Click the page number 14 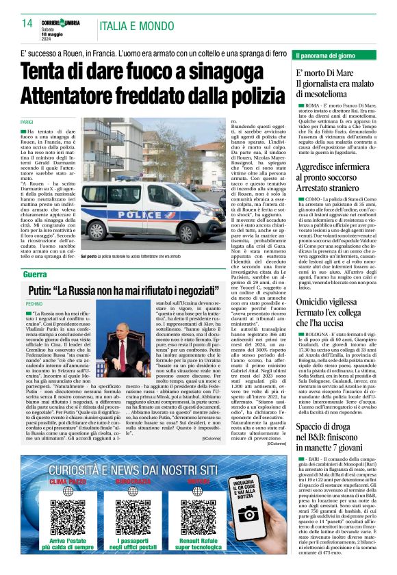tap(27, 23)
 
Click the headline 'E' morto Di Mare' tap(325, 72)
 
